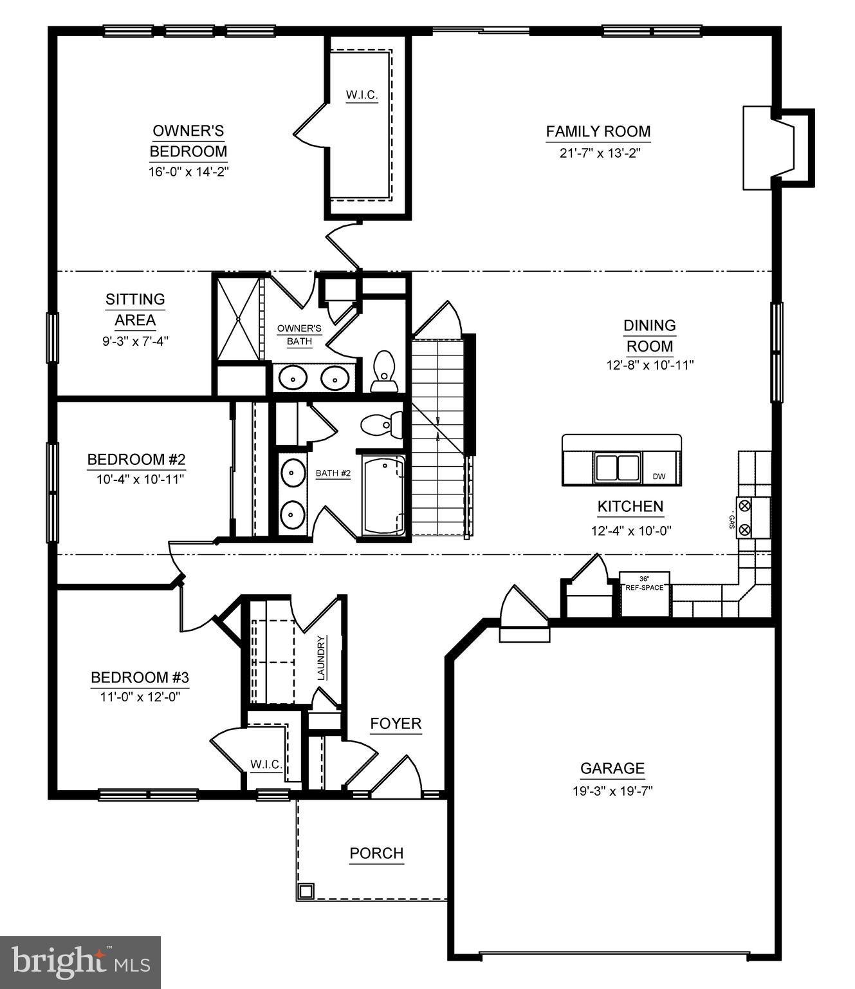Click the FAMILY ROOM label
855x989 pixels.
coord(598,131)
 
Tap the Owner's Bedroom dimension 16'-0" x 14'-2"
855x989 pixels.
coord(188,172)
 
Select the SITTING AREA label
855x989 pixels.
coord(135,309)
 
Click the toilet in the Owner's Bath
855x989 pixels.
coord(384,372)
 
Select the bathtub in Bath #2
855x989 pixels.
coord(383,495)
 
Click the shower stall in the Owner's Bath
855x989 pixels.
coord(238,318)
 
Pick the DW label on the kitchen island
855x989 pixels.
coord(659,476)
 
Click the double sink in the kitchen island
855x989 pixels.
coord(618,467)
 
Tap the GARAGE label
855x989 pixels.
coord(612,768)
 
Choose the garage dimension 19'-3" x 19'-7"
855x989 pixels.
coord(612,791)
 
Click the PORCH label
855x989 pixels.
coord(376,853)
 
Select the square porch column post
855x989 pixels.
coord(306,891)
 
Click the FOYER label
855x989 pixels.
coord(396,724)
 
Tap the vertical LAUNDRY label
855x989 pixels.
coord(322,657)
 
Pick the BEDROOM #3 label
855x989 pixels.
coord(140,677)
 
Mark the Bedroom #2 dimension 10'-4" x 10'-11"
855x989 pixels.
coord(136,479)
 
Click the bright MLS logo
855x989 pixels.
coord(80,962)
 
